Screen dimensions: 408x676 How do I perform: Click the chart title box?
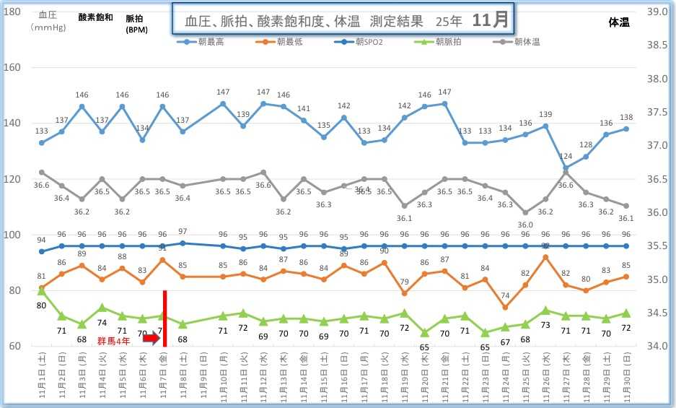[x=342, y=20]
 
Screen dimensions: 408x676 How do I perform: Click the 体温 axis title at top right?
[x=618, y=22]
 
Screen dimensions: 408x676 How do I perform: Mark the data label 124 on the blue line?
[x=566, y=157]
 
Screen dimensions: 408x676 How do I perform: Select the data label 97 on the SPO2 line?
[x=183, y=232]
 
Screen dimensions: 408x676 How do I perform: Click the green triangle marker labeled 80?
[x=42, y=290]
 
